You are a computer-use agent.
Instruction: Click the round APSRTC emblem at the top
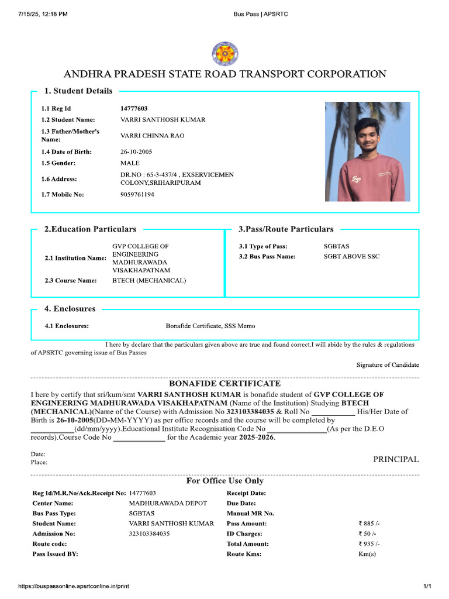pyautogui.click(x=224, y=54)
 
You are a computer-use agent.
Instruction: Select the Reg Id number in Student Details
pyautogui.click(x=134, y=109)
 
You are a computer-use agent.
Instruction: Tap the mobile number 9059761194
pyautogui.click(x=137, y=194)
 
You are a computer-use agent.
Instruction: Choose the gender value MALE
pyautogui.click(x=130, y=163)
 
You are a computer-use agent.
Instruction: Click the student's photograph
pyautogui.click(x=367, y=152)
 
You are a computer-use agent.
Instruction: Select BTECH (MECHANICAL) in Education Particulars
pyautogui.click(x=149, y=281)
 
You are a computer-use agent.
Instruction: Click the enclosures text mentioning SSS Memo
pyautogui.click(x=210, y=326)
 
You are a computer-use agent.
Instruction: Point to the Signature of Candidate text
pyautogui.click(x=388, y=365)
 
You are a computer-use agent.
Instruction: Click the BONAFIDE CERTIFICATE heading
pyautogui.click(x=224, y=384)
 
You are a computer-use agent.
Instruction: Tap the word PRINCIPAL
pyautogui.click(x=396, y=459)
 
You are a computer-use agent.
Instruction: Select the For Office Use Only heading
pyautogui.click(x=224, y=481)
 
